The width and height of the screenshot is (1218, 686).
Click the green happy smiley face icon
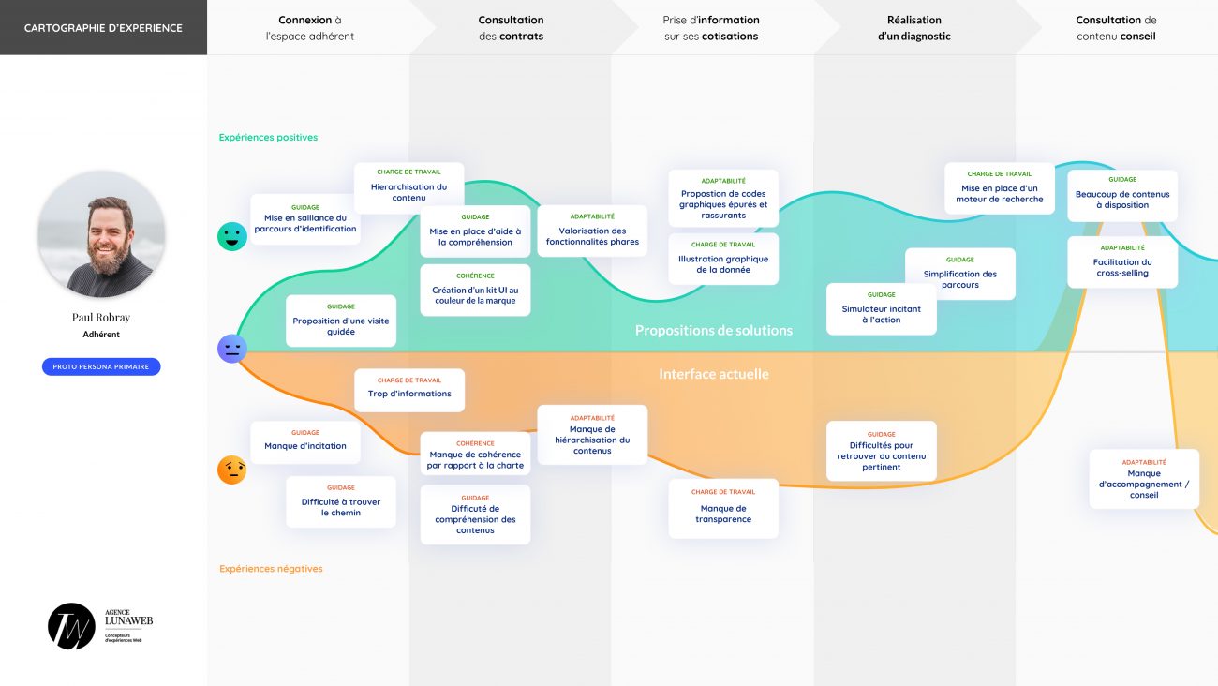232,236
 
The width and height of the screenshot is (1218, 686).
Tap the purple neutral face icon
231,349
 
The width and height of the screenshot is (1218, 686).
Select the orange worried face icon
231,470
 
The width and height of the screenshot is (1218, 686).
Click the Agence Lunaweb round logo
71,626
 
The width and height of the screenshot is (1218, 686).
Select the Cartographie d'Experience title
103,28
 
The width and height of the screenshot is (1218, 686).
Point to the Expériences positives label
268,138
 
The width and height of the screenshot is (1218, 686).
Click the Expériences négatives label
271,569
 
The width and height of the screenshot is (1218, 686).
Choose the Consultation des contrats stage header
511,28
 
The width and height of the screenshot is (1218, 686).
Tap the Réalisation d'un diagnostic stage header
913,28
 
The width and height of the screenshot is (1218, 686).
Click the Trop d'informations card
409,390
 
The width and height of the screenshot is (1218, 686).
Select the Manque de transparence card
723,509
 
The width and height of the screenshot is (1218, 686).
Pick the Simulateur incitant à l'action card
881,309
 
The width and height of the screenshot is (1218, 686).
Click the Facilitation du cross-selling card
1122,262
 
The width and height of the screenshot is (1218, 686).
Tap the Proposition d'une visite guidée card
341,321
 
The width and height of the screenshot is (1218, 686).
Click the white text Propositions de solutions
713,331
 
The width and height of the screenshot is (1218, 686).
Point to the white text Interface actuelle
713,374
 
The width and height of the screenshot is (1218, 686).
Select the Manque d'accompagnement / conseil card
1144,479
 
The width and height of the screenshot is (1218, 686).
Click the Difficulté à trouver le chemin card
341,502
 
